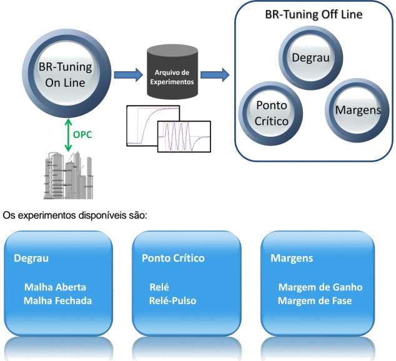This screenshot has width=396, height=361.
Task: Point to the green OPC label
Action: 82,134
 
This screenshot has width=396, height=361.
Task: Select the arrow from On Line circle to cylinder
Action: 127,75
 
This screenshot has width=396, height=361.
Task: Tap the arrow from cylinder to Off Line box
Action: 214,75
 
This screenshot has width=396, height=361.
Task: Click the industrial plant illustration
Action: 67,178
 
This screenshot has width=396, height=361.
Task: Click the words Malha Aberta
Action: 55,287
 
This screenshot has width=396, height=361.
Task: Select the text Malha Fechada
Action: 58,300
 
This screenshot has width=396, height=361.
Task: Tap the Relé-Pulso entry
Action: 173,300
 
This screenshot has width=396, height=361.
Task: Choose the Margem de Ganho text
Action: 320,287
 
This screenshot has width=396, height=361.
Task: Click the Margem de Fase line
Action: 315,300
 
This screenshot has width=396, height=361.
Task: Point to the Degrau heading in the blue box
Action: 31,258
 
